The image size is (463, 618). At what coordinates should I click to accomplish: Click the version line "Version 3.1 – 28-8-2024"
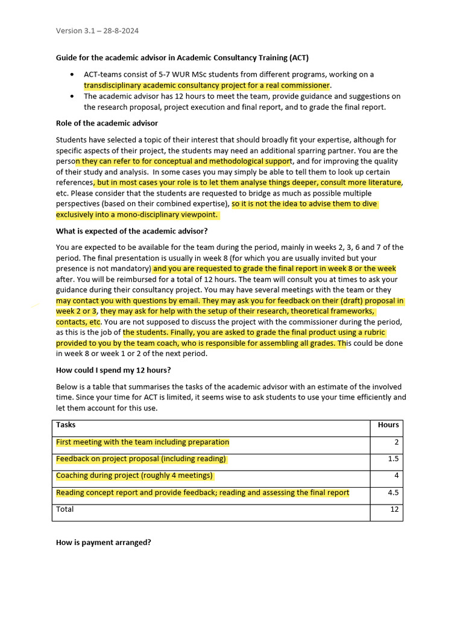tap(97, 31)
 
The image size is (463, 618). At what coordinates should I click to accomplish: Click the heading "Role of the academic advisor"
tap(107, 123)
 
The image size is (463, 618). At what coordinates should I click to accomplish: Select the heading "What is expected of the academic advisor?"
tap(131, 231)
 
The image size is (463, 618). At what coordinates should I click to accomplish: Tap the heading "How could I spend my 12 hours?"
tap(113, 371)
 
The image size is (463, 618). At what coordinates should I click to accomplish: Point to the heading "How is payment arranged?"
tap(103, 543)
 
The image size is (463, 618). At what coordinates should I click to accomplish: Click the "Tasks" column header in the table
tap(66, 425)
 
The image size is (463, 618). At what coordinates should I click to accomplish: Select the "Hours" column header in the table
tap(388, 425)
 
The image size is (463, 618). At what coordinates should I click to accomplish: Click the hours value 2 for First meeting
tap(396, 442)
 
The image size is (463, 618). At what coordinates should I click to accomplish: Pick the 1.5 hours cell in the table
tap(392, 459)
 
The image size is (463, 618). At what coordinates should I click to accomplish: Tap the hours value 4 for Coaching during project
tap(396, 476)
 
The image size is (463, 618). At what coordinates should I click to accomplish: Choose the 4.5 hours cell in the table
tap(392, 492)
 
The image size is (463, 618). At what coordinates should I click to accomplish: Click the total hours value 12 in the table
tap(394, 509)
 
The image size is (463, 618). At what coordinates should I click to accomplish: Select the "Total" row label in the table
tap(65, 509)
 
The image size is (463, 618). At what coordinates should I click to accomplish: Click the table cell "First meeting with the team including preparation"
tap(142, 442)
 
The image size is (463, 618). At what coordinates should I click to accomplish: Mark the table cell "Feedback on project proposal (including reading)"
tap(140, 459)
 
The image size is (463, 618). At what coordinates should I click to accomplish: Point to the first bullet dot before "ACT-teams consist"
tap(72, 75)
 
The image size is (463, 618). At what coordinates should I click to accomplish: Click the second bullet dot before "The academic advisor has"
tap(72, 97)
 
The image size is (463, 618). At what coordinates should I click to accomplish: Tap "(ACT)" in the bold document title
tap(297, 58)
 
